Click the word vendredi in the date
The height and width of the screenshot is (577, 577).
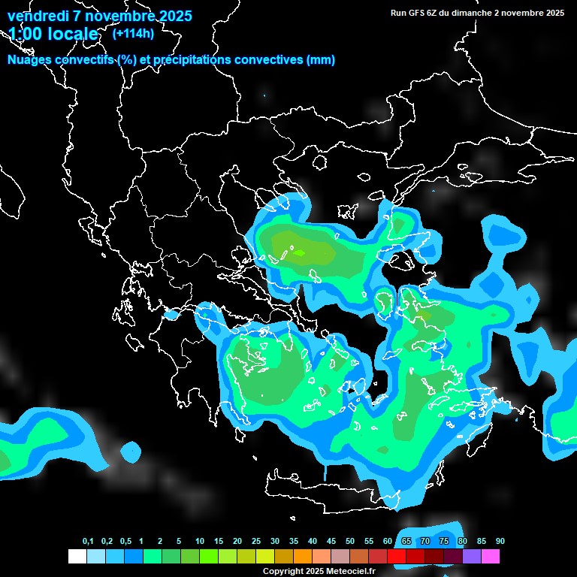pyautogui.click(x=36, y=16)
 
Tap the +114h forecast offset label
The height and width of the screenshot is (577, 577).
pyautogui.click(x=133, y=33)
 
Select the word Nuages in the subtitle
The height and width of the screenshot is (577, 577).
pyautogui.click(x=30, y=60)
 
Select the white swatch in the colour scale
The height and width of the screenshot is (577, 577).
pyautogui.click(x=77, y=557)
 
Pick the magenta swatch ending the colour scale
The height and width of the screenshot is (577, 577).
pyautogui.click(x=491, y=557)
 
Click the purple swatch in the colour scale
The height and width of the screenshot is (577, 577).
pyautogui.click(x=472, y=557)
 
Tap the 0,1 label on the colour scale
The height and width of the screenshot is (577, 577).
pyautogui.click(x=88, y=542)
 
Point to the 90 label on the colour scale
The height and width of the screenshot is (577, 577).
pyautogui.click(x=500, y=542)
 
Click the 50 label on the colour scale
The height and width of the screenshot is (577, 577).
pyautogui.click(x=350, y=542)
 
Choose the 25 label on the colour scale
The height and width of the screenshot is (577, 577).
pyautogui.click(x=256, y=542)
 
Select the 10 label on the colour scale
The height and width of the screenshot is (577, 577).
pyautogui.click(x=200, y=542)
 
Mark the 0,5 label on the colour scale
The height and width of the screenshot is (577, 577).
pyautogui.click(x=125, y=542)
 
